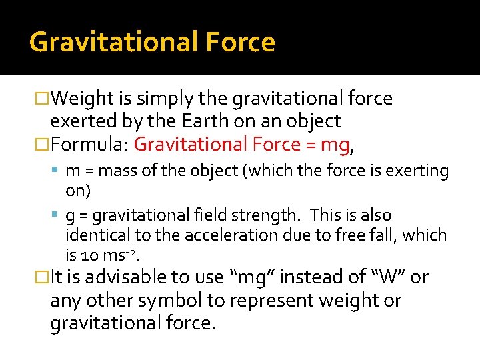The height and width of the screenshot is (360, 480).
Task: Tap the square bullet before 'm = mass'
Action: (56, 171)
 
